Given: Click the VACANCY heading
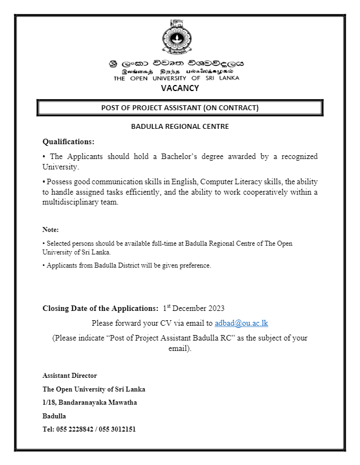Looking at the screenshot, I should coord(180,88).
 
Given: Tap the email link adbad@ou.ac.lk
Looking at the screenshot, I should coord(241,323).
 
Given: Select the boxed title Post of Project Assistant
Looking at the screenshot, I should coord(180,107).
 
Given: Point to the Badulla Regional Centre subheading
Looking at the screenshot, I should coord(180,127).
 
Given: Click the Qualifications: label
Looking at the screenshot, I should coord(69,141).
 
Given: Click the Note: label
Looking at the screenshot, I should coord(50,229).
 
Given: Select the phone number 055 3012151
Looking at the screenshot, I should coord(118,429).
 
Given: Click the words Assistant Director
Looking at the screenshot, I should coord(70,376).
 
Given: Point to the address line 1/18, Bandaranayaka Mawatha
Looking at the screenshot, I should coord(89,402).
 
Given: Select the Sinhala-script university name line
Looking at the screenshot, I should coord(176,64).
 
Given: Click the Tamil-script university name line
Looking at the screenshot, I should coord(177,72).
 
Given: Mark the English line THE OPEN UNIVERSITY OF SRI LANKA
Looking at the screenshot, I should coord(177,78).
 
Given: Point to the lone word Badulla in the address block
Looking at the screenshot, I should coord(54,416).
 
